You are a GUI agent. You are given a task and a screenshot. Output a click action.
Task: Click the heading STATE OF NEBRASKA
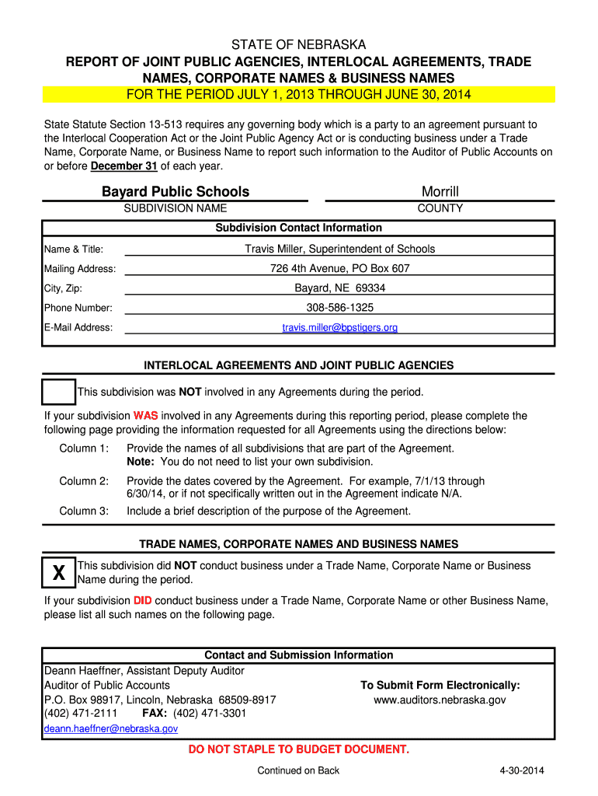point(299,45)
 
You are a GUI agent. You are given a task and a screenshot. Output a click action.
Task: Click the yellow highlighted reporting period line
point(299,95)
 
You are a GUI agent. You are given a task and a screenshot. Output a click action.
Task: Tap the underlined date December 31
point(124,166)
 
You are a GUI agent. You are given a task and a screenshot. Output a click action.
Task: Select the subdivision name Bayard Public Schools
point(176,191)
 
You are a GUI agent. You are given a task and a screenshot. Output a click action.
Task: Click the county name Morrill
point(440,191)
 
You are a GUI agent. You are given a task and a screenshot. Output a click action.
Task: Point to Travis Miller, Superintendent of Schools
point(340,249)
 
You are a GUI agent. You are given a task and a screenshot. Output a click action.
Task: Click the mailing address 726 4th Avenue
point(340,268)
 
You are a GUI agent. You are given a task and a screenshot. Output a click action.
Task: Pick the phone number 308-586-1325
point(340,307)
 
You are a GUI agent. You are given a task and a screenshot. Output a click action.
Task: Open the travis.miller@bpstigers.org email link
point(340,327)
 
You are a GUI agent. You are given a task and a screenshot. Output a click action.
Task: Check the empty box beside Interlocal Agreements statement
point(58,393)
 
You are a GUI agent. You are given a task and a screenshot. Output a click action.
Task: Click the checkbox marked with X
point(58,574)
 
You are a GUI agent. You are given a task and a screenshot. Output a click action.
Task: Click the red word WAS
point(145,416)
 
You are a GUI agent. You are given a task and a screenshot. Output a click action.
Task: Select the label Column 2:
point(84,481)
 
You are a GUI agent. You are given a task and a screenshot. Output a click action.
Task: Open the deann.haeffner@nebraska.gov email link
point(111,728)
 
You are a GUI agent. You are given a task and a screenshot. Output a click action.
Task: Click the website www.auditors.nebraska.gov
point(440,700)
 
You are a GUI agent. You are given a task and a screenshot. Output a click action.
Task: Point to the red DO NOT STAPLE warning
point(299,749)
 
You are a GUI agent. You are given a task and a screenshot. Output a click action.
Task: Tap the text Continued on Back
point(298,770)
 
